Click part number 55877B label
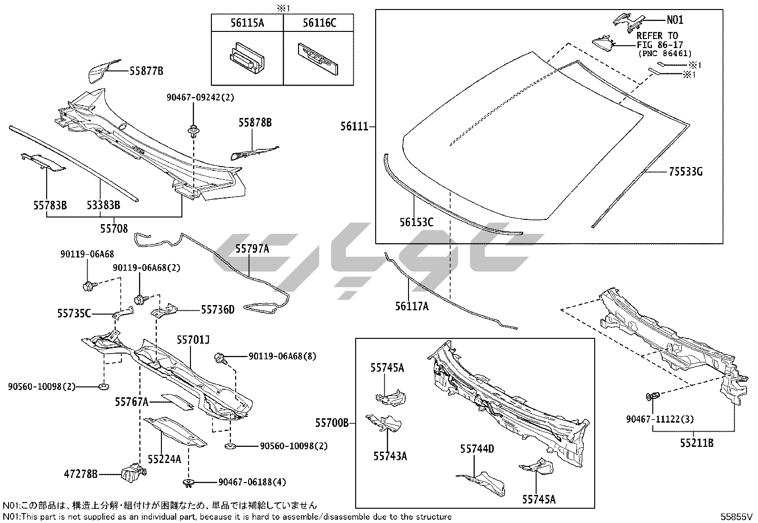[x=146, y=71]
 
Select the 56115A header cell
[x=247, y=22]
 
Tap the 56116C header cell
[x=319, y=22]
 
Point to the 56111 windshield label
[x=354, y=127]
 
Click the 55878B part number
[x=255, y=123]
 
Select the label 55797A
[x=252, y=248]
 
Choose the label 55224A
[x=164, y=459]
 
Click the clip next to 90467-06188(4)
[x=189, y=483]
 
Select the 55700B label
[x=331, y=422]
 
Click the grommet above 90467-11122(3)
[x=651, y=396]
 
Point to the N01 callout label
[x=675, y=20]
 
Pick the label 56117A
[x=411, y=307]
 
